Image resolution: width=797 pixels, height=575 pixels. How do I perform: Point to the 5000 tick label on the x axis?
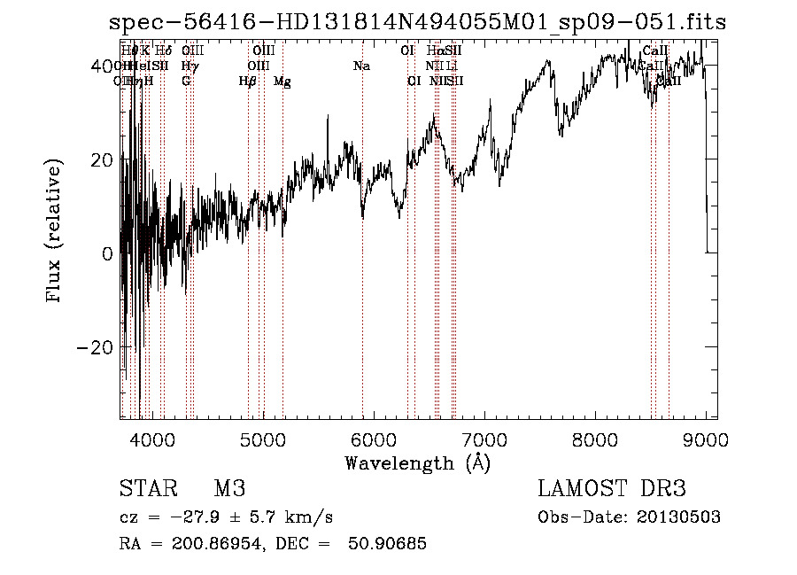point(262,439)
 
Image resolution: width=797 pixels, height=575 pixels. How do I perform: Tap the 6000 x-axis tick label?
point(373,439)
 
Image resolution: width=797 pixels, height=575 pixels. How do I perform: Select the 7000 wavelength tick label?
point(484,439)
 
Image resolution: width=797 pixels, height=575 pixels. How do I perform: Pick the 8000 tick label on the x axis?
point(595,439)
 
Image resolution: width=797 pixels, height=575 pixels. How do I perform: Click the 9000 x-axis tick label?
point(706,439)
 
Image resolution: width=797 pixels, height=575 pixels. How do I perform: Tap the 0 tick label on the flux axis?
point(108,253)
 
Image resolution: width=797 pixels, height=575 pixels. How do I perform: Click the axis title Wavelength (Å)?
point(417,462)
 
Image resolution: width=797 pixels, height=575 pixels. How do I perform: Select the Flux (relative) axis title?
point(55,233)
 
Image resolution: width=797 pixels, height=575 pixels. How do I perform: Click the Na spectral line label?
point(361,66)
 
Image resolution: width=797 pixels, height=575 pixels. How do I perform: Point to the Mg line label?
point(282,82)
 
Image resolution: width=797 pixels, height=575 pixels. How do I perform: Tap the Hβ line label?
point(248,82)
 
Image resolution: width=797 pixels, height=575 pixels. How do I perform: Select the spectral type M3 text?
point(229,488)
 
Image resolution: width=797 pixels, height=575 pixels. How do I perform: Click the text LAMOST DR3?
point(611,488)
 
